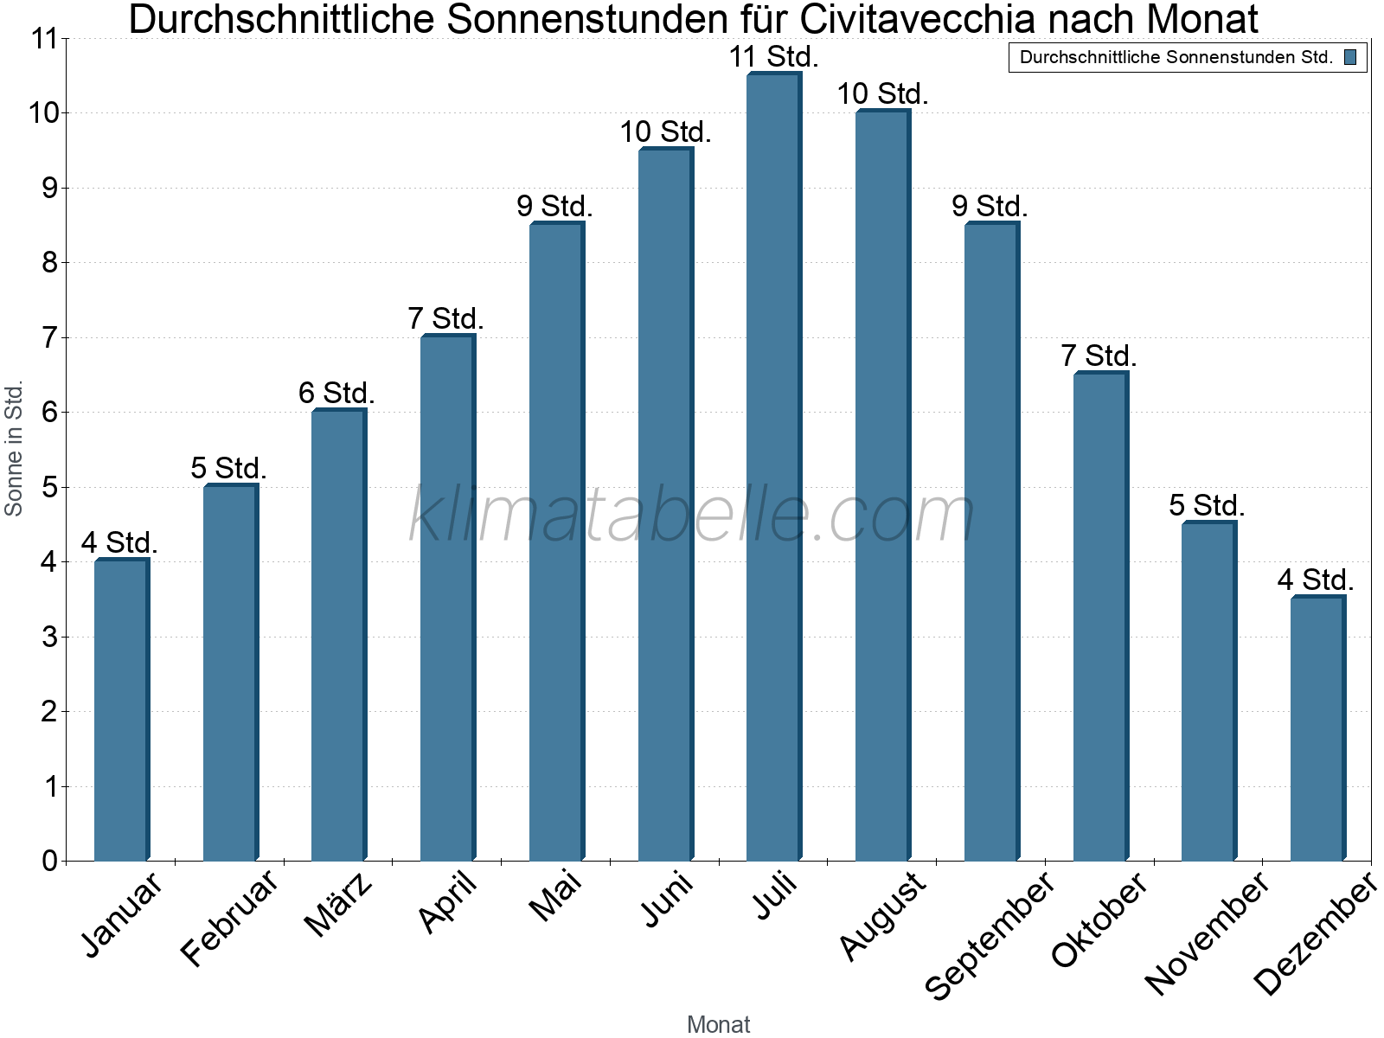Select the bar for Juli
point(773,467)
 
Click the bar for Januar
point(121,709)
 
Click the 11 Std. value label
point(773,57)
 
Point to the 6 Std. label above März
point(336,394)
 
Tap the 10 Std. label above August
point(882,94)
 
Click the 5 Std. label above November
point(1207,506)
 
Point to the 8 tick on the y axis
point(49,262)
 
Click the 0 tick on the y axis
point(49,861)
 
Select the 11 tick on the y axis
point(43,39)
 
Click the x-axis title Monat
point(718,1024)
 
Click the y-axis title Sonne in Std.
point(14,448)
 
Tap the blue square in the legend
point(1350,58)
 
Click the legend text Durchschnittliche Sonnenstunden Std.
point(1176,58)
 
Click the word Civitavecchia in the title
point(917,19)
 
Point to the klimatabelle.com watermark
point(692,516)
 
